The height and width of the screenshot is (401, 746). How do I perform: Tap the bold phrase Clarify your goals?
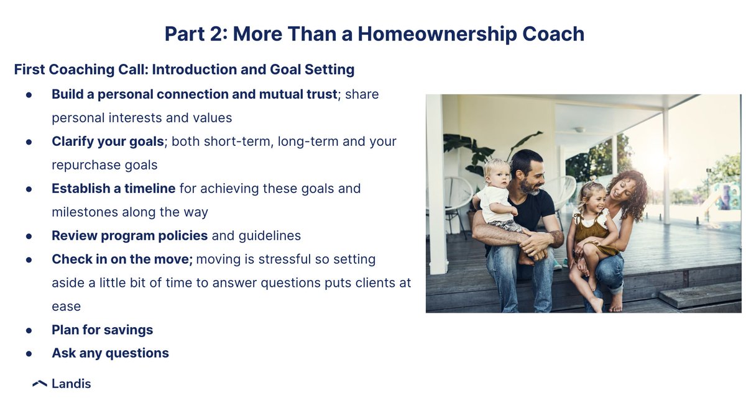pos(108,142)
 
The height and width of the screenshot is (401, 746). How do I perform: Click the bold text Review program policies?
pos(129,235)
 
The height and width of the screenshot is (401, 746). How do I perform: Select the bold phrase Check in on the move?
pos(123,259)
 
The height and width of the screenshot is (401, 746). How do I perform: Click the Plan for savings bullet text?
pos(102,330)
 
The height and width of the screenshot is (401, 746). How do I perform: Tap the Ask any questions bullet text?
pos(110,353)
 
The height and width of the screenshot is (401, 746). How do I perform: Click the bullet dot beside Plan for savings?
pos(29,330)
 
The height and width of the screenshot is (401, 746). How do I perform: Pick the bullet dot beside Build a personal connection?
pos(29,95)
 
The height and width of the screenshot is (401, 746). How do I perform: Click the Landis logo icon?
pos(40,384)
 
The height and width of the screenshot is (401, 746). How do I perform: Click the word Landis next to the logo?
pos(71,384)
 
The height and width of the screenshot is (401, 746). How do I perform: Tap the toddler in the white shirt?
pos(500,199)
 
